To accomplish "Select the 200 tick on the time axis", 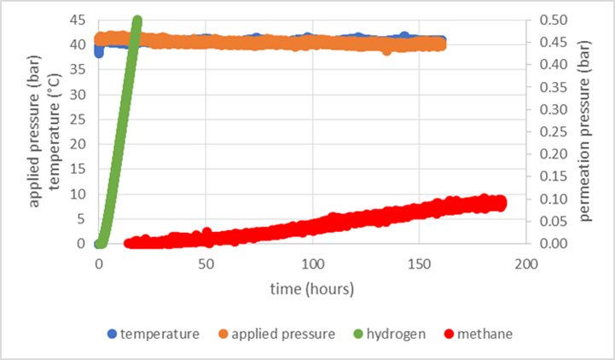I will point(526,264).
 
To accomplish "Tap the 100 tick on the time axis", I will point(313,264).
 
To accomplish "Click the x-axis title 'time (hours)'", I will point(312,288).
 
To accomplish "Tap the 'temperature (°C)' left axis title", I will point(54,131).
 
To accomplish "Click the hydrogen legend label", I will point(396,334).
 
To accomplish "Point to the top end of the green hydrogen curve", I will point(136,20).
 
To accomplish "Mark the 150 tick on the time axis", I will point(420,264).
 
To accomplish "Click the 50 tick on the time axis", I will point(206,264).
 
